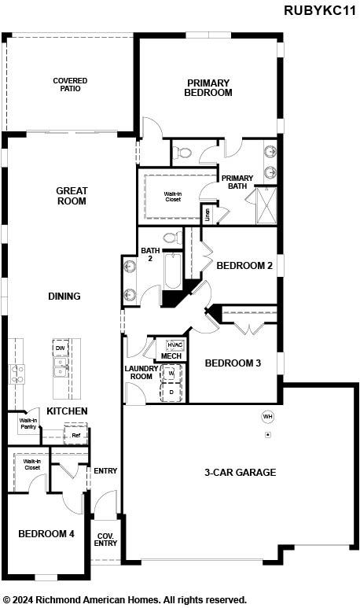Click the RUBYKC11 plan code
click(320, 10)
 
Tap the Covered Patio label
click(70, 84)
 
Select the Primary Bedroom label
click(208, 87)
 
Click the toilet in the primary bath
click(182, 153)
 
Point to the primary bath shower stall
click(266, 205)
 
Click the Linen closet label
click(208, 214)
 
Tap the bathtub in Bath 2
click(173, 271)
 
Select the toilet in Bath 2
click(173, 237)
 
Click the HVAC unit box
click(175, 345)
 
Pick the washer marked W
click(171, 373)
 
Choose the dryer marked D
click(171, 392)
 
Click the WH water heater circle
click(268, 416)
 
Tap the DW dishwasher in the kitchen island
click(61, 348)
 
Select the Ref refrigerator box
click(76, 435)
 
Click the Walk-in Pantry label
click(28, 423)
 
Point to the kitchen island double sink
click(60, 367)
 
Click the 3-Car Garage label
click(241, 472)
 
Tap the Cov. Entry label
click(105, 540)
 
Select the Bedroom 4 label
click(46, 533)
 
